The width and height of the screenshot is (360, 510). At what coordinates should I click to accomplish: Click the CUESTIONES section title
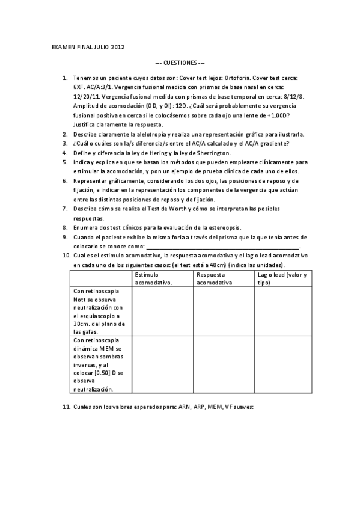tap(180, 62)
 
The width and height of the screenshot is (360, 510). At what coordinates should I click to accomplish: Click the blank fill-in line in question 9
tap(222, 247)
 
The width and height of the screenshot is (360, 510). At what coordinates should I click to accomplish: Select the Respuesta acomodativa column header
tap(216, 278)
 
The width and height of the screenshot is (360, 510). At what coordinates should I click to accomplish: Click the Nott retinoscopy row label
tap(99, 311)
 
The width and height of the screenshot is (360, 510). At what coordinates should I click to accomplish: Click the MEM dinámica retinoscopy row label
tap(99, 364)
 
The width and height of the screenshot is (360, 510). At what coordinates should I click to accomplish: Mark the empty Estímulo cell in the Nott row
tap(162, 311)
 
